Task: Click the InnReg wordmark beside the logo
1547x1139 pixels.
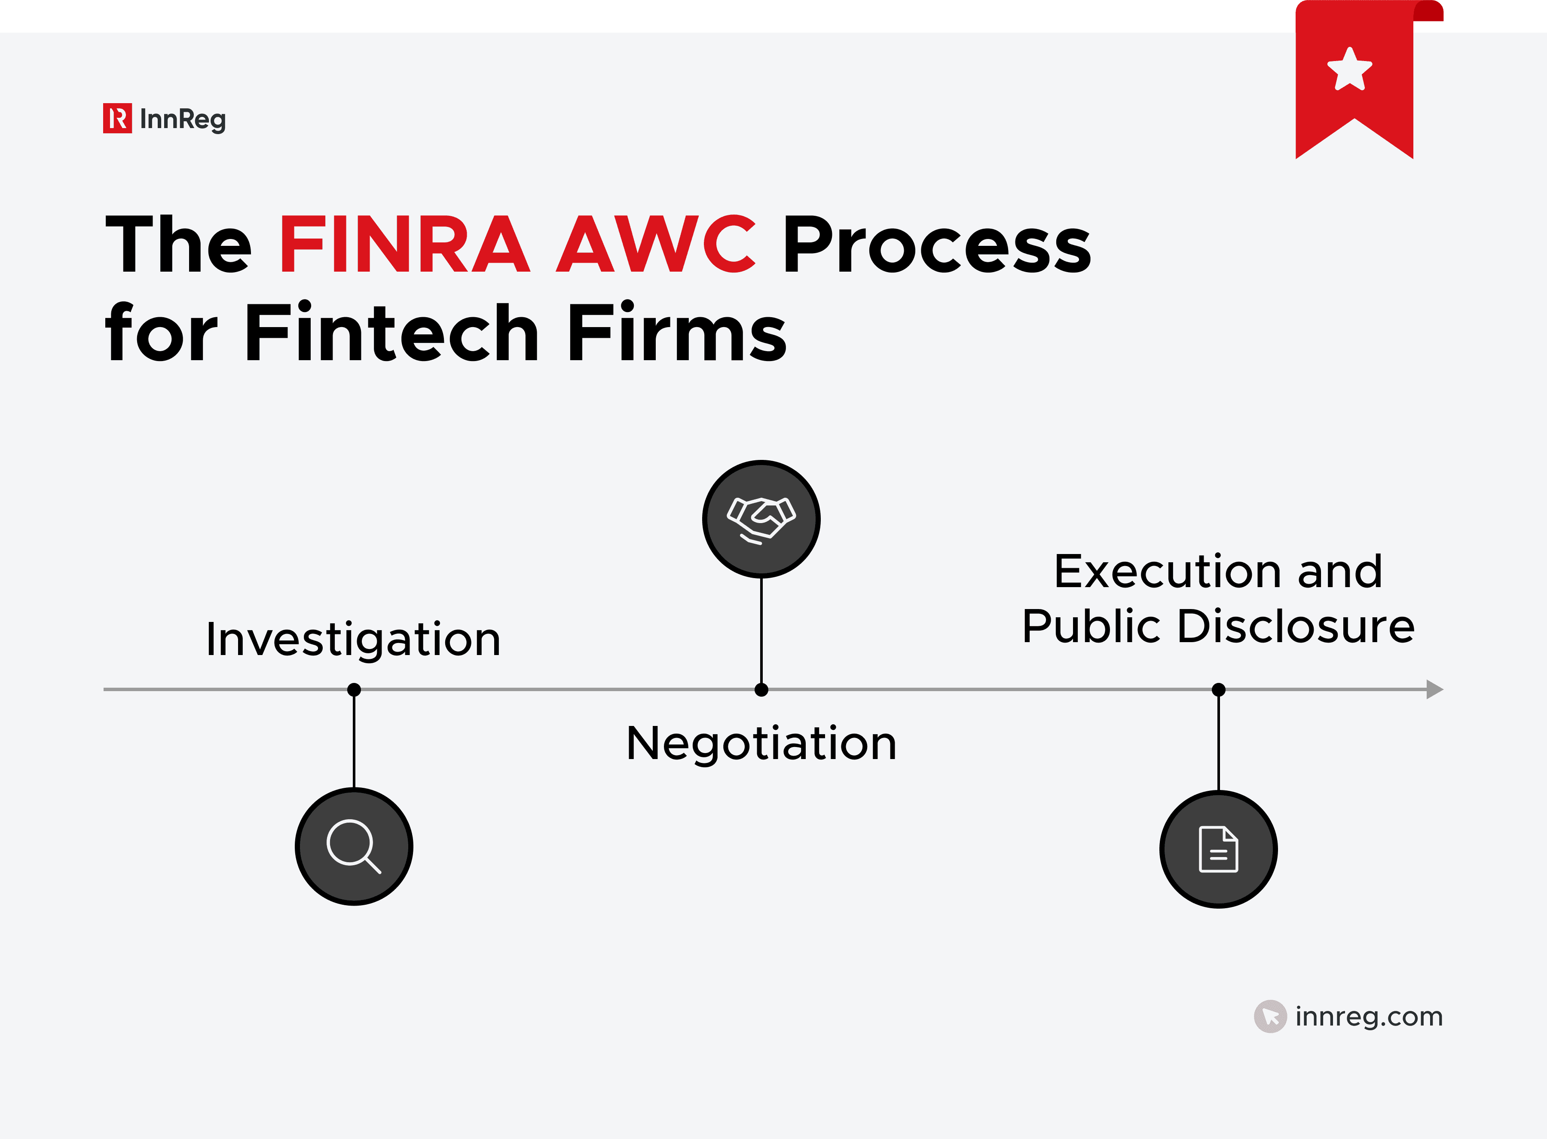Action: pyautogui.click(x=183, y=119)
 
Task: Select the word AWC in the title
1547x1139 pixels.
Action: pyautogui.click(x=656, y=244)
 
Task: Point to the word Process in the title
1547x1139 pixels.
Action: pyautogui.click(x=937, y=244)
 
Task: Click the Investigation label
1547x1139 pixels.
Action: pyautogui.click(x=353, y=639)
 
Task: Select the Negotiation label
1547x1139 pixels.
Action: pyautogui.click(x=761, y=743)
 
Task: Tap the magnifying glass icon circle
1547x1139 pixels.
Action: pyautogui.click(x=354, y=846)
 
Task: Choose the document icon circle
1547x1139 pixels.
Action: pyautogui.click(x=1218, y=849)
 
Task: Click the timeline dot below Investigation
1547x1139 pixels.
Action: pyautogui.click(x=354, y=689)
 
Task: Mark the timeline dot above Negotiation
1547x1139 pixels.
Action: pyautogui.click(x=761, y=689)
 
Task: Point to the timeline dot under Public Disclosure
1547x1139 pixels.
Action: pyautogui.click(x=1218, y=689)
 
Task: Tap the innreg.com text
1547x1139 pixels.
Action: pyautogui.click(x=1368, y=1016)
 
